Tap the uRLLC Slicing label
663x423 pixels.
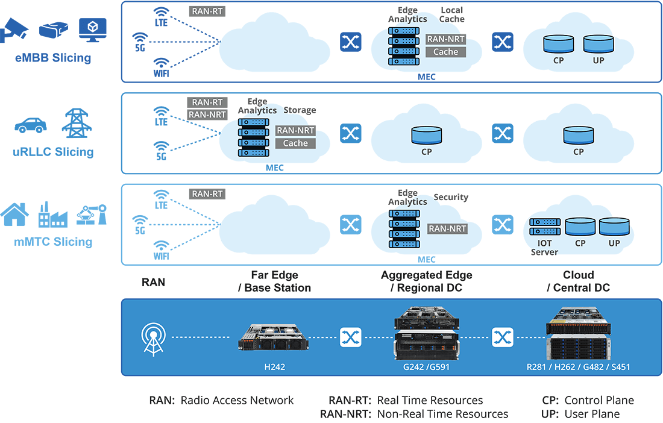click(53, 152)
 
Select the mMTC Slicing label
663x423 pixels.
click(53, 242)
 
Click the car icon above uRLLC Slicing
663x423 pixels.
click(30, 125)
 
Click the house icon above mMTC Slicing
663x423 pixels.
click(15, 215)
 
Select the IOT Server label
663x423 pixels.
click(544, 248)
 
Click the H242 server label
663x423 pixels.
click(273, 366)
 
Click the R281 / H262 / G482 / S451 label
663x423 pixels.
click(579, 366)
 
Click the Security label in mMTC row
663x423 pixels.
click(451, 197)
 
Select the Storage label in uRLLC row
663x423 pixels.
click(300, 110)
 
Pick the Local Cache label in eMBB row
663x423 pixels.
click(452, 15)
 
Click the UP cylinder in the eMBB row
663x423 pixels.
click(597, 45)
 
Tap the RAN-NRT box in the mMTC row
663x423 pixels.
click(447, 229)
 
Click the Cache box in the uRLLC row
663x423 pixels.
click(295, 143)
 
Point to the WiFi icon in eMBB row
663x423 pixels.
click(161, 64)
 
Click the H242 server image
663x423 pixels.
click(273, 337)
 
